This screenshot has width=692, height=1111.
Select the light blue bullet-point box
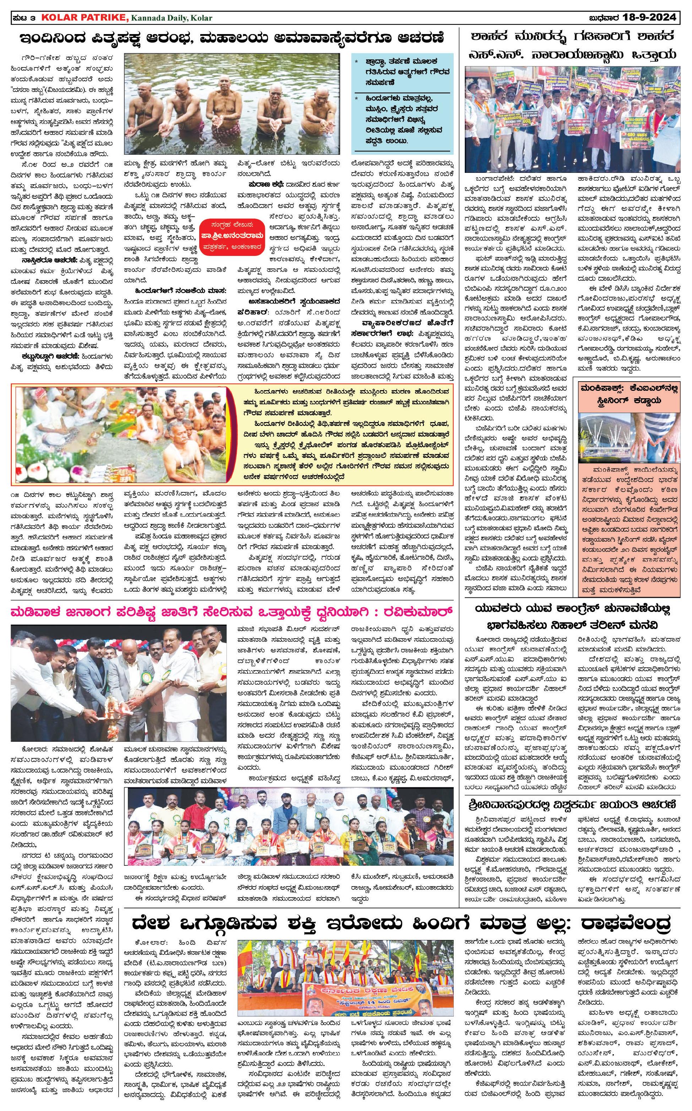pos(403,103)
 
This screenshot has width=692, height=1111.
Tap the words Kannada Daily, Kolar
pos(171,18)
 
